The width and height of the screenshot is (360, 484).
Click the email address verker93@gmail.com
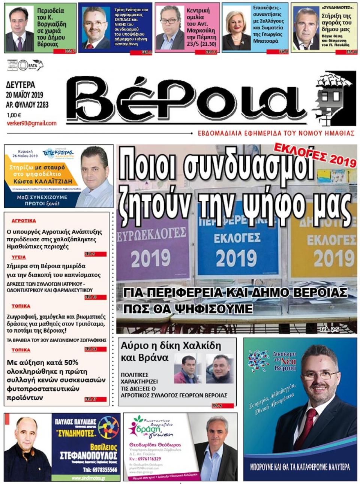(31, 123)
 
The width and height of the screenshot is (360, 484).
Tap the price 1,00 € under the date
(14, 115)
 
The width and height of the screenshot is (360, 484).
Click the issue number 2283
(42, 105)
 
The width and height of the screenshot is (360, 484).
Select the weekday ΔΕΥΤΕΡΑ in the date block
(21, 85)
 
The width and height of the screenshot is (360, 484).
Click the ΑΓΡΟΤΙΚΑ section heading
(24, 221)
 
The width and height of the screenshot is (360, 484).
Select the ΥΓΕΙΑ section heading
(19, 257)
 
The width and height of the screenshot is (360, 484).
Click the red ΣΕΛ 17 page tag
(91, 399)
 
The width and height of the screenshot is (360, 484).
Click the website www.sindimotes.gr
(88, 478)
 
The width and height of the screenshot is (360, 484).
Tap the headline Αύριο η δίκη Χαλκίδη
(171, 345)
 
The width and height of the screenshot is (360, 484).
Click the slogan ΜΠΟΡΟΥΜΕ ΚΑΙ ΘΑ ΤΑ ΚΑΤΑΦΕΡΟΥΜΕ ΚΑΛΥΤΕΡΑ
(300, 467)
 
